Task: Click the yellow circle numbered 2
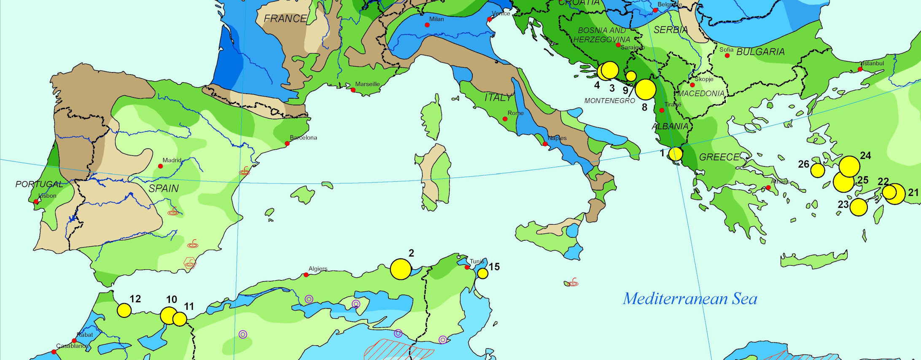pos(401,269)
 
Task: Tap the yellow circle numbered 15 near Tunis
pos(482,274)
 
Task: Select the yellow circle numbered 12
pos(124,310)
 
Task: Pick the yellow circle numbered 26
pos(817,170)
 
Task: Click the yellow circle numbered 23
pos(859,207)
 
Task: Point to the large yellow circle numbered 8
pos(645,89)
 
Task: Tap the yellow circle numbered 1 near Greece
pos(676,154)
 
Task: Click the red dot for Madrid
pos(160,166)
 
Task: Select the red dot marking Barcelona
pos(287,143)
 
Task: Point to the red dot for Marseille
pos(353,90)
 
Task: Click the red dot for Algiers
pos(306,275)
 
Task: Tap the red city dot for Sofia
pos(727,56)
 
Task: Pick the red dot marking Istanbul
pos(860,69)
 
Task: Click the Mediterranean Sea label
pos(690,299)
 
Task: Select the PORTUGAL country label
pos(39,184)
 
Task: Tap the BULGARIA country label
pos(760,52)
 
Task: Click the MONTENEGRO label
pos(609,101)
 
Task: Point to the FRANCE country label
pos(285,19)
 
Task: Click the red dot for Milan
pos(427,25)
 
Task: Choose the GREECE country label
pos(719,157)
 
